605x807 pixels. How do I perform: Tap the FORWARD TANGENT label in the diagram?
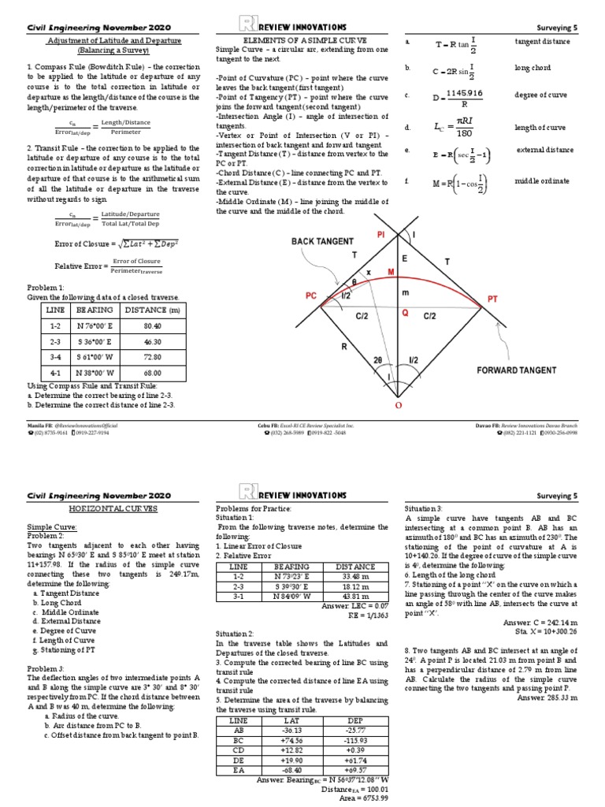tap(516, 369)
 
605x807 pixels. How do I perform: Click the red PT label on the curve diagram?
tap(492, 299)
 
